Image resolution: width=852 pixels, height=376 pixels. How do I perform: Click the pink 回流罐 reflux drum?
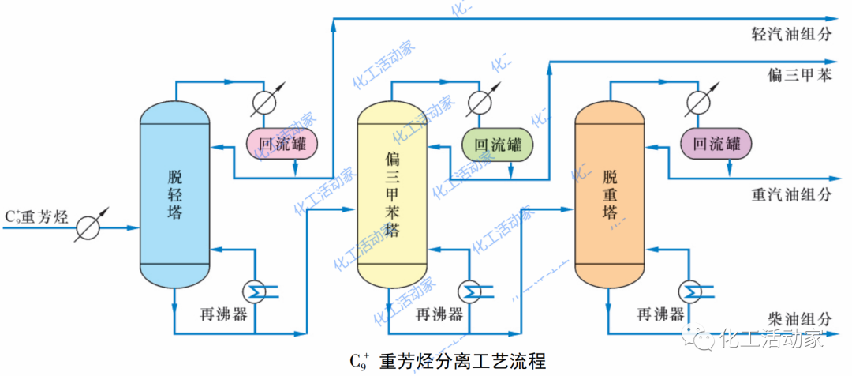pyautogui.click(x=282, y=144)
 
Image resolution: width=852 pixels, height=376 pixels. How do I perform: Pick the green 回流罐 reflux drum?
pyautogui.click(x=497, y=144)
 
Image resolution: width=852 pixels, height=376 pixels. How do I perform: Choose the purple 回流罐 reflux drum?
pyautogui.click(x=716, y=144)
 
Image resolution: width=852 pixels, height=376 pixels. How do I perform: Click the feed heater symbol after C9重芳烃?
pyautogui.click(x=89, y=227)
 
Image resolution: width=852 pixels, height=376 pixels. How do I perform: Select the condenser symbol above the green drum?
pyautogui.click(x=478, y=103)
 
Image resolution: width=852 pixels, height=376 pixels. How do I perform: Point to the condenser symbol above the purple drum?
pyautogui.click(x=697, y=103)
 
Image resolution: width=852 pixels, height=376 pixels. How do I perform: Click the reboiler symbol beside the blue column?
pyautogui.click(x=255, y=291)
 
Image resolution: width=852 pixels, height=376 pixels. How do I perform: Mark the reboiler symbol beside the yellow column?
pyautogui.click(x=472, y=291)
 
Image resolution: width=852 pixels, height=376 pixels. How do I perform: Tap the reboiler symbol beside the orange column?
pyautogui.click(x=692, y=291)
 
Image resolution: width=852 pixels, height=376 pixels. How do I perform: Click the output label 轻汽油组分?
pyautogui.click(x=791, y=35)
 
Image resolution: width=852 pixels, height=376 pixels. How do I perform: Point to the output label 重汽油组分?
pyautogui.click(x=791, y=194)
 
